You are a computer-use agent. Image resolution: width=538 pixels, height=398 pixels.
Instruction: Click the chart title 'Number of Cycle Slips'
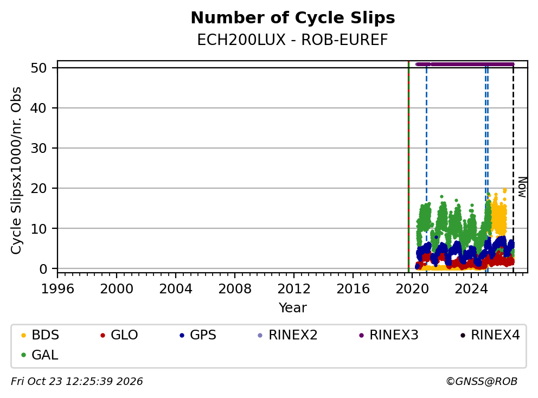[x=293, y=18]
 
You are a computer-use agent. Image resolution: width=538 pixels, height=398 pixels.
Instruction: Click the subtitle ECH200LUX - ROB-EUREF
[x=293, y=40]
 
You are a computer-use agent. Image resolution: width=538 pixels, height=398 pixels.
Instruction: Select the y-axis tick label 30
[x=39, y=148]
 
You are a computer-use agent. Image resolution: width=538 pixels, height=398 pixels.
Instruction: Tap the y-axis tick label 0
[x=43, y=269]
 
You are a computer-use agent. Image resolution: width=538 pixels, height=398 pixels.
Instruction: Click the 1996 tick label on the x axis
[x=57, y=289]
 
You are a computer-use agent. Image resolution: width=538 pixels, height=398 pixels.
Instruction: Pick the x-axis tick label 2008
[x=235, y=289]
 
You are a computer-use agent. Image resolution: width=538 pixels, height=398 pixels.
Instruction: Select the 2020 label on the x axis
[x=412, y=289]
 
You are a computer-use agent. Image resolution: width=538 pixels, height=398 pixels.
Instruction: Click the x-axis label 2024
[x=471, y=289]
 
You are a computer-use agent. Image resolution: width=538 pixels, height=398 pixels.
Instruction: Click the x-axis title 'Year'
[x=293, y=308]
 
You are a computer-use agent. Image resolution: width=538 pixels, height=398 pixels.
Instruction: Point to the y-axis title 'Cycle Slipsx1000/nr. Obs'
[x=16, y=170]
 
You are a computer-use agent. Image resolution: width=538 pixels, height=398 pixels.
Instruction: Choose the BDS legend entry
[x=41, y=335]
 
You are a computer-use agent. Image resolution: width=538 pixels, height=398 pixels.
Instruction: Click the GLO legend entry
[x=119, y=335]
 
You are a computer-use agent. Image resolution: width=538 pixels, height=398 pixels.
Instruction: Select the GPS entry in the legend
[x=198, y=335]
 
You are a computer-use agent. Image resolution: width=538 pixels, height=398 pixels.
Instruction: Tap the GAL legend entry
[x=40, y=355]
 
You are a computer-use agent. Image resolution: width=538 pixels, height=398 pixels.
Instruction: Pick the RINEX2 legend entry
[x=287, y=335]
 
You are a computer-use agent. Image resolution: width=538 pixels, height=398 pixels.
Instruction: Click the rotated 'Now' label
[x=522, y=187]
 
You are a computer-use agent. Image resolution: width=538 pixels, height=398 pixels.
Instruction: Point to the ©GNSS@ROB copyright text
[x=482, y=382]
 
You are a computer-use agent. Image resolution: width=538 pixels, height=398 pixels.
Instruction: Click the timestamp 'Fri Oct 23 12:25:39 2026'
[x=77, y=382]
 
